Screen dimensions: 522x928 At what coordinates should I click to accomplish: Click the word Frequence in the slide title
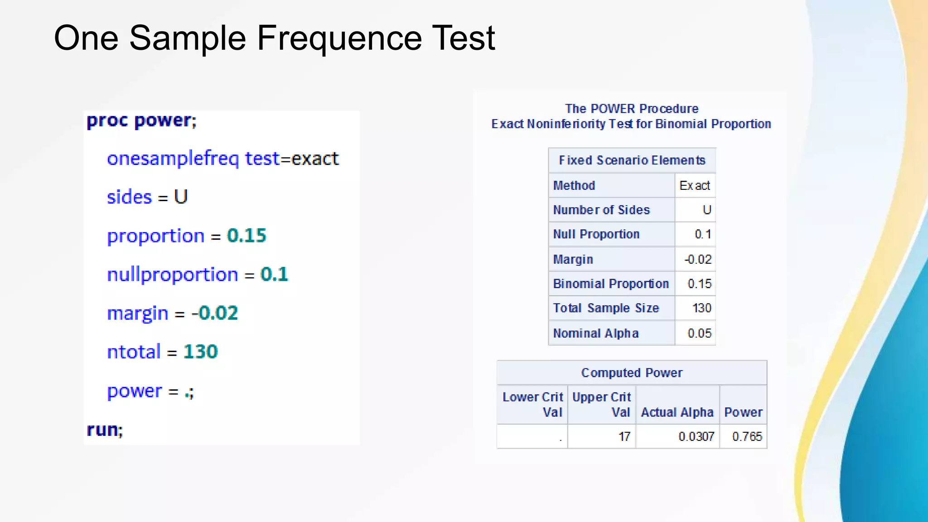point(340,38)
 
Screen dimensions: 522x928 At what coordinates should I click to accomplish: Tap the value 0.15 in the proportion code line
point(246,236)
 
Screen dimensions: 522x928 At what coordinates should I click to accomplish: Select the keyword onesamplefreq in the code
point(173,159)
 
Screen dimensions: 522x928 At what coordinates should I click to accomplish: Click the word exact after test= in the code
point(315,159)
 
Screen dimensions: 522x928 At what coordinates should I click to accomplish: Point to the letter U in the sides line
point(181,197)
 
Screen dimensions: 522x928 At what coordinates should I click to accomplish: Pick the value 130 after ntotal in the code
point(200,352)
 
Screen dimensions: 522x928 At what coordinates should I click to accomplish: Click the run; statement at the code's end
point(105,430)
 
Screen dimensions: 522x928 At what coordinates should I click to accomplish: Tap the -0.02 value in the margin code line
point(214,313)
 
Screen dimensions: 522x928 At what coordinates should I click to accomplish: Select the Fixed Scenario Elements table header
point(632,160)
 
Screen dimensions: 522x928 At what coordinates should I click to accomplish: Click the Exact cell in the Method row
point(695,185)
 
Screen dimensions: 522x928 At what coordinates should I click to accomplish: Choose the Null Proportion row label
point(596,234)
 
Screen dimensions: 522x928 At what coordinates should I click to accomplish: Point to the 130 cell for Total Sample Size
point(701,308)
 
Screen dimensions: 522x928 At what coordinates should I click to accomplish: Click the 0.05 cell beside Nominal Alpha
point(699,333)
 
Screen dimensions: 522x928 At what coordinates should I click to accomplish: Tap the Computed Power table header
point(632,373)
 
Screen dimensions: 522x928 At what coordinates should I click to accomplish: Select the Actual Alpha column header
point(677,412)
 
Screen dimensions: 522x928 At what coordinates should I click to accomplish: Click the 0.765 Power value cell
point(747,436)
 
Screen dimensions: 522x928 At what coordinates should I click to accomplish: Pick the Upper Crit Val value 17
point(624,436)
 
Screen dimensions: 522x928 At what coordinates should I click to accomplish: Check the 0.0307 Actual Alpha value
point(696,436)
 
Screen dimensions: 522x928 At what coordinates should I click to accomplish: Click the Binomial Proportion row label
point(611,284)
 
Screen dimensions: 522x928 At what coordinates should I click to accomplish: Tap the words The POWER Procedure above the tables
point(631,109)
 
